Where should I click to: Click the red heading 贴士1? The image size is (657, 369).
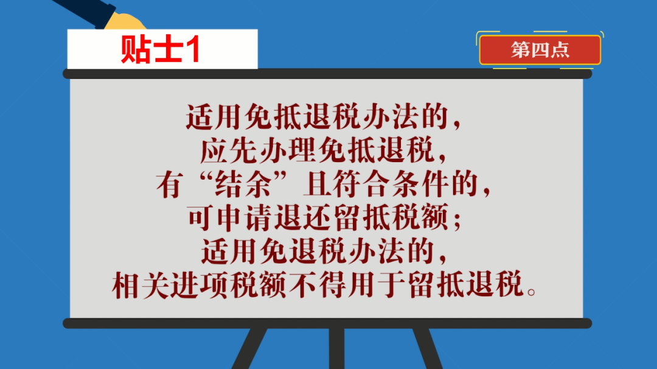coord(161,49)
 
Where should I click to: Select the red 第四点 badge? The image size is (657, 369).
coord(540,50)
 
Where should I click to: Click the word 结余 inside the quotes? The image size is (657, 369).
coord(243,184)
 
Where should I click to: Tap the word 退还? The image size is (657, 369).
coord(304,218)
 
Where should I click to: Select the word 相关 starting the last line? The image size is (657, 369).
coord(141,286)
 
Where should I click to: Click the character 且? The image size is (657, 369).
coord(318,184)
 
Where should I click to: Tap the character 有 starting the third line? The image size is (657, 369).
coord(169,184)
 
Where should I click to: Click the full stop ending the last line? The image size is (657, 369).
coord(531,292)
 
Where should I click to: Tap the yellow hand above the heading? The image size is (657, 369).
coord(125,22)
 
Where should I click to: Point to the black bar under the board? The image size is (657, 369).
coord(327,323)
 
